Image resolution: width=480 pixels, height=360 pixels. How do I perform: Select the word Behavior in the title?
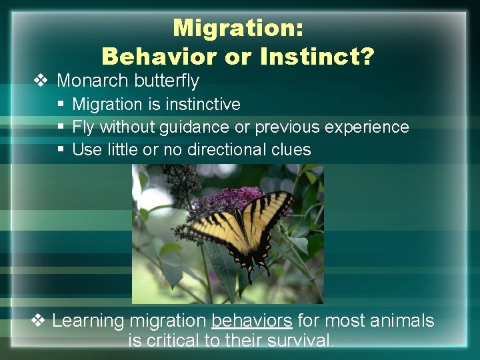(159, 57)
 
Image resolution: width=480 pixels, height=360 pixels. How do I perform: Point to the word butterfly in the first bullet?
(165, 81)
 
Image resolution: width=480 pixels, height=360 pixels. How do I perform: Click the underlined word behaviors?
(251, 321)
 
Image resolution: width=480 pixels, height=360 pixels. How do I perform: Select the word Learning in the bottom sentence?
(88, 321)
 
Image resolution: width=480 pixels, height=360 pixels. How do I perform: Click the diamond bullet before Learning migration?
(39, 321)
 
